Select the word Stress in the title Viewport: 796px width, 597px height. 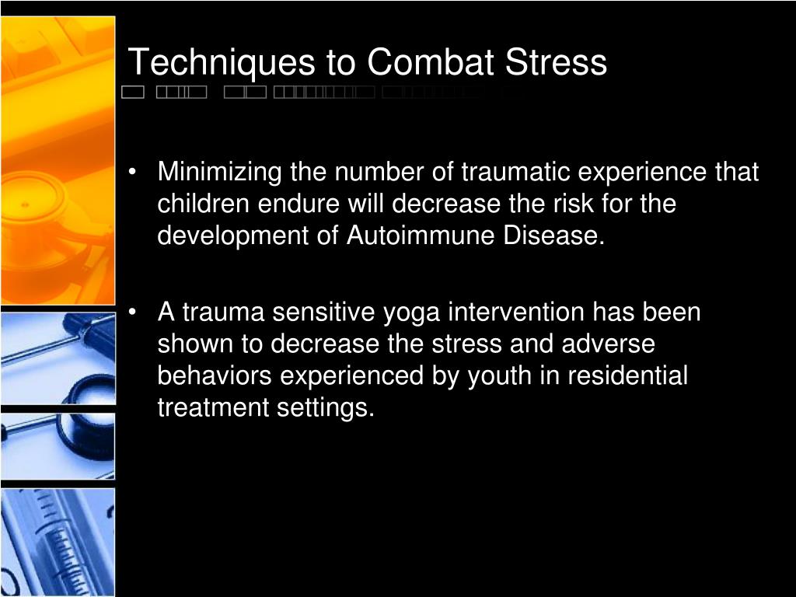point(556,62)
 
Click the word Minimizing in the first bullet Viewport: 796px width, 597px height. point(219,173)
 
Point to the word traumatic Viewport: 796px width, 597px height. point(516,172)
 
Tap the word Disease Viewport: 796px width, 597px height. point(553,236)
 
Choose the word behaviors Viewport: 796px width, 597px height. point(215,375)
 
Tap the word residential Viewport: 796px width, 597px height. point(627,375)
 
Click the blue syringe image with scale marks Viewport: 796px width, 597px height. point(58,541)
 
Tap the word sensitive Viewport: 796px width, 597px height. point(323,312)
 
